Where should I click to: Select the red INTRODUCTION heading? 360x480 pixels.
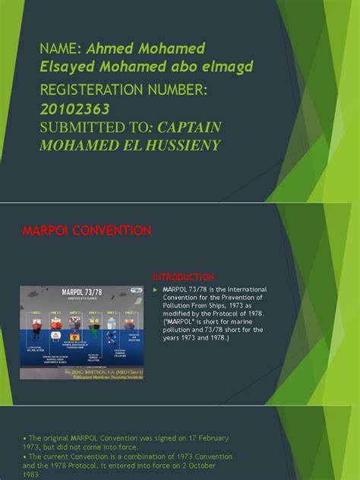[x=183, y=276]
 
